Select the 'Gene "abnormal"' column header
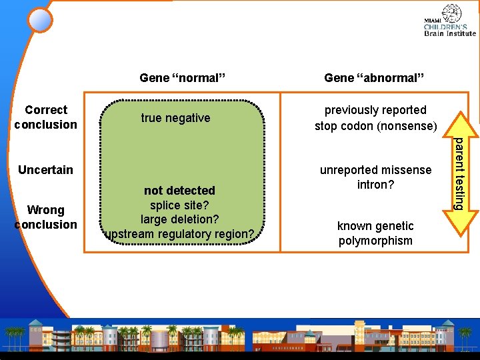click(x=374, y=78)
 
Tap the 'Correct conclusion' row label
click(x=45, y=117)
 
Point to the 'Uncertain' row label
click(x=45, y=170)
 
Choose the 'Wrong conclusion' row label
click(x=45, y=217)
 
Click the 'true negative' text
click(x=175, y=118)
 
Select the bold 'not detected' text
click(x=179, y=191)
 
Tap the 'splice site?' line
click(x=179, y=205)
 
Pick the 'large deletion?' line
click(x=179, y=219)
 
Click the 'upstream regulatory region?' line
click(x=179, y=234)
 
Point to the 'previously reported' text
click(x=375, y=110)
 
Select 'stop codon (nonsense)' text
click(x=375, y=126)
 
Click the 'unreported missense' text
click(x=375, y=170)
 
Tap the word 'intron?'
click(x=375, y=185)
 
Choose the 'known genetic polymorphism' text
click(x=375, y=233)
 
